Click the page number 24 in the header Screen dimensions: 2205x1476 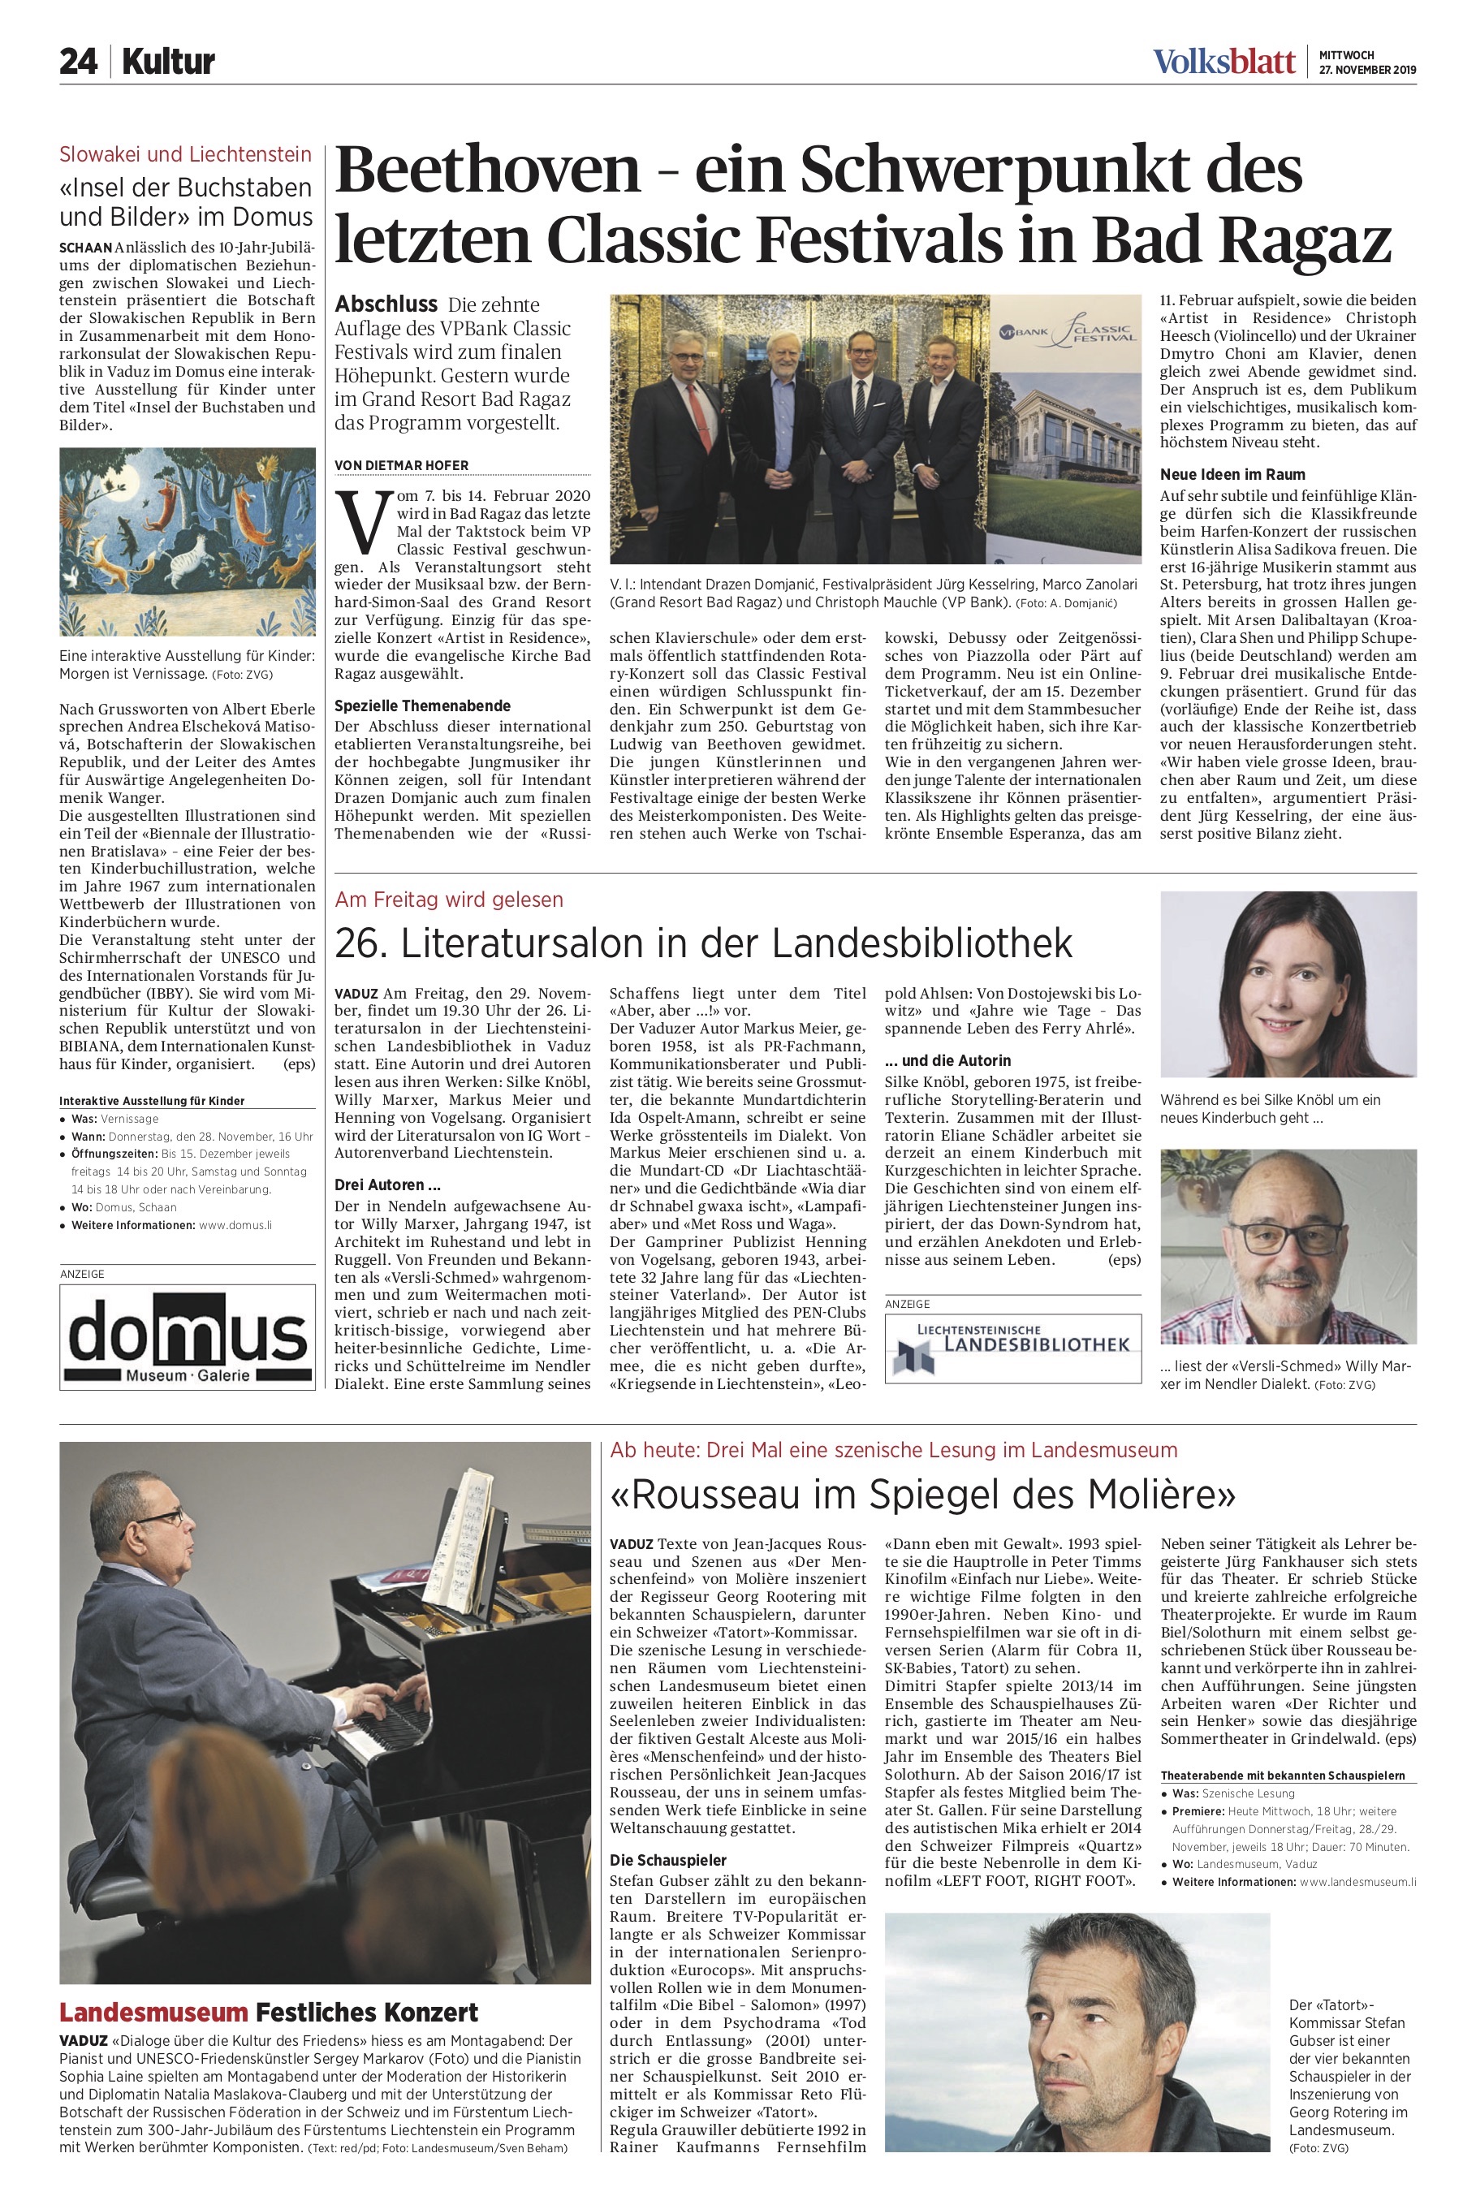pyautogui.click(x=78, y=63)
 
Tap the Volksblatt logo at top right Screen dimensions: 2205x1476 pyautogui.click(x=1224, y=63)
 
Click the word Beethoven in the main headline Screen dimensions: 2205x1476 pyautogui.click(x=486, y=170)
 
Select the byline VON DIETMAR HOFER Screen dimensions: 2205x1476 pyautogui.click(x=401, y=466)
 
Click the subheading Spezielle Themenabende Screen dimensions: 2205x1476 pyautogui.click(x=423, y=706)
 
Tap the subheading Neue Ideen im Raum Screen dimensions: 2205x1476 pyautogui.click(x=1232, y=474)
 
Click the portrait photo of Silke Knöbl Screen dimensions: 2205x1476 pyautogui.click(x=1287, y=983)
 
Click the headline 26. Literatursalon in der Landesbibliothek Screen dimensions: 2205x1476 pyautogui.click(x=703, y=943)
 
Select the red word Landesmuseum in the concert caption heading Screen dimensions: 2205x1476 pyautogui.click(x=153, y=2013)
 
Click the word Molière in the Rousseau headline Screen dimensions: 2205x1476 pyautogui.click(x=1159, y=1494)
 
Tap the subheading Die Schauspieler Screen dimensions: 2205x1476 pyautogui.click(x=668, y=1861)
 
